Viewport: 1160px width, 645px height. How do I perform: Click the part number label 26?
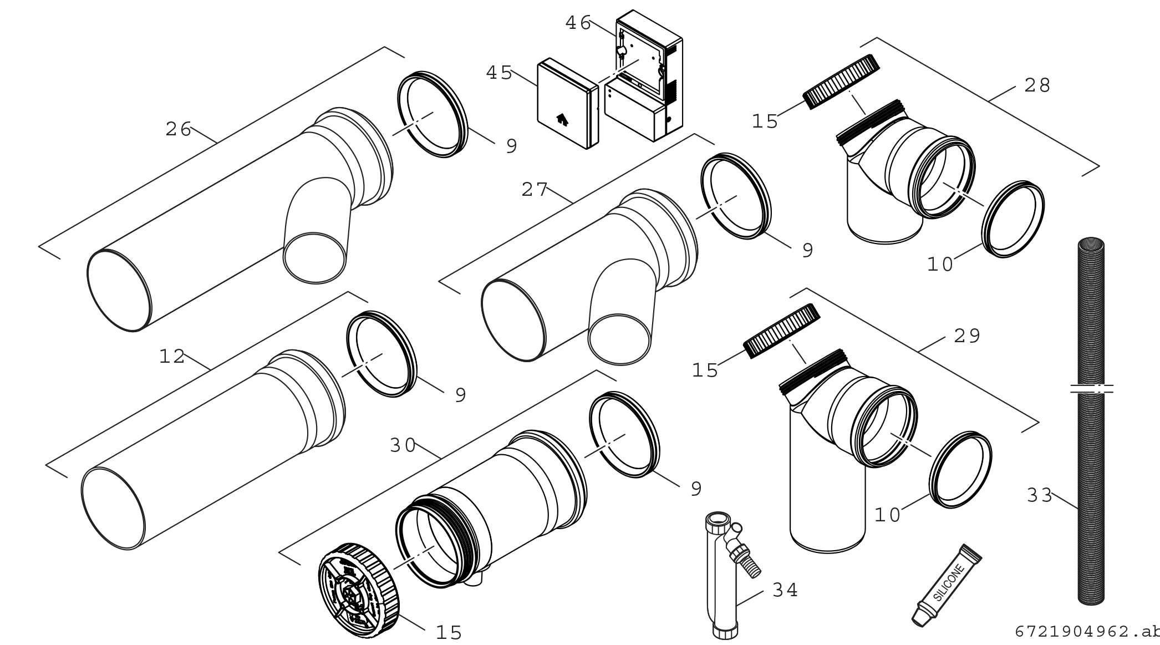click(x=178, y=130)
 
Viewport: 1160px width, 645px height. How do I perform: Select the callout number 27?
click(x=535, y=190)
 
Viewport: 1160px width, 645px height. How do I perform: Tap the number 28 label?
click(x=1037, y=85)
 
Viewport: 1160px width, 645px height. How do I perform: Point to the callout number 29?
click(x=968, y=336)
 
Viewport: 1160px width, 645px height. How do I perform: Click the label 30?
click(x=403, y=445)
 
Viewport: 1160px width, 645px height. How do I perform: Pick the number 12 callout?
click(x=172, y=357)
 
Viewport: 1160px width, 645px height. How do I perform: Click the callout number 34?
click(x=785, y=591)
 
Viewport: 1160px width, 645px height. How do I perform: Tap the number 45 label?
click(x=499, y=73)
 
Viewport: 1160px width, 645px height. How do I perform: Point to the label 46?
click(x=578, y=23)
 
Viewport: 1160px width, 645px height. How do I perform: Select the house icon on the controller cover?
click(x=561, y=118)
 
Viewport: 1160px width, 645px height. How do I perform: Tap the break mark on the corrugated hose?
click(x=1091, y=389)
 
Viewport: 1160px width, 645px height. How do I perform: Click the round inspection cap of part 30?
click(x=359, y=584)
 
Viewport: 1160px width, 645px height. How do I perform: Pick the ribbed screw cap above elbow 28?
click(x=841, y=82)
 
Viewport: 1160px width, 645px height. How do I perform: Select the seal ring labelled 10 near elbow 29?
click(x=960, y=469)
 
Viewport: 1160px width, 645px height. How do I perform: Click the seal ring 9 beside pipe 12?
click(x=381, y=354)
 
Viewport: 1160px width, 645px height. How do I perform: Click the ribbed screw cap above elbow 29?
click(x=782, y=331)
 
